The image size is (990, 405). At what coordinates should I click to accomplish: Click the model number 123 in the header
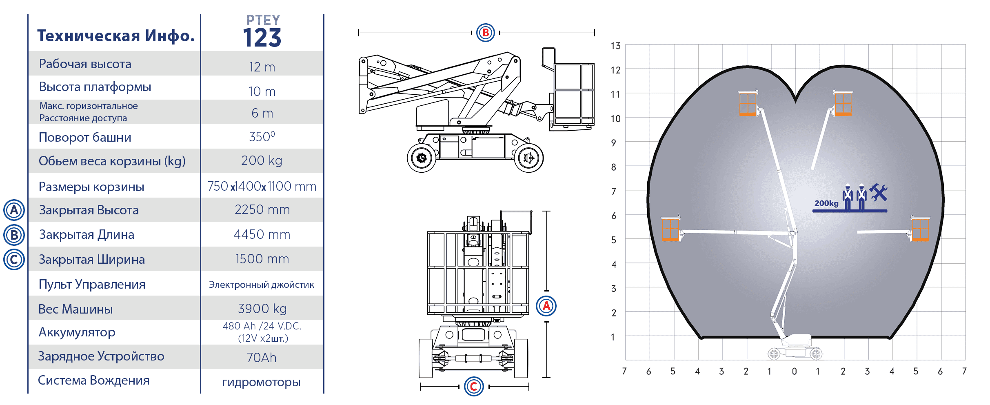click(x=262, y=38)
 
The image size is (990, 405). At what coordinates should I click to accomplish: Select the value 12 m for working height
click(x=262, y=67)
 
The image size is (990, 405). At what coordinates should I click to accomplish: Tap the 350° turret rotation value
click(x=262, y=136)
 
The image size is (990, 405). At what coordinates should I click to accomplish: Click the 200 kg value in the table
click(x=262, y=160)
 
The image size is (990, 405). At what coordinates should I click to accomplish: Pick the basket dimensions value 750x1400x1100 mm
click(x=262, y=186)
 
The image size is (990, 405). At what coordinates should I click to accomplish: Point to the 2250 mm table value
click(x=262, y=209)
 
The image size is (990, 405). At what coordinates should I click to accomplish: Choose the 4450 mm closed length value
click(x=262, y=234)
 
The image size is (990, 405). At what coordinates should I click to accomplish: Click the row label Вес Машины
click(x=75, y=309)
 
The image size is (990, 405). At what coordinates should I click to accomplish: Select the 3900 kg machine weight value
click(x=262, y=309)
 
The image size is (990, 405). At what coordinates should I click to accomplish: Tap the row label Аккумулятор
click(x=77, y=332)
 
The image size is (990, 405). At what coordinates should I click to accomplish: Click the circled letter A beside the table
click(x=14, y=210)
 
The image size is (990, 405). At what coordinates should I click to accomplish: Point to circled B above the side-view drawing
click(x=486, y=33)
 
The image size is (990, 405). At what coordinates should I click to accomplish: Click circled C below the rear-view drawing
click(x=474, y=386)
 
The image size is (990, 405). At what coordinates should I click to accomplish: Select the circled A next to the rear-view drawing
click(x=546, y=306)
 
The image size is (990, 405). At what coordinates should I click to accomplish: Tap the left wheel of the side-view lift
click(x=422, y=158)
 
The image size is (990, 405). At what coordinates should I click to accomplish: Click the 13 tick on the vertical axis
click(x=615, y=46)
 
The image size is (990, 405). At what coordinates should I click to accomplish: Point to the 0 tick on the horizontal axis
click(x=794, y=372)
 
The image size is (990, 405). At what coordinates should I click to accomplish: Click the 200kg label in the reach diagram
click(x=826, y=203)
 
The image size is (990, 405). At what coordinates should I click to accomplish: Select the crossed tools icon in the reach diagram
click(x=879, y=193)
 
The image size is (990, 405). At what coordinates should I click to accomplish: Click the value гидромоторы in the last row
click(x=261, y=382)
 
